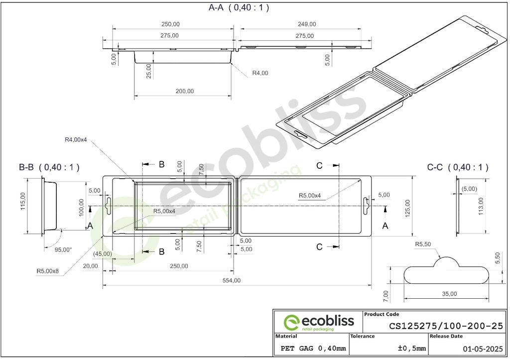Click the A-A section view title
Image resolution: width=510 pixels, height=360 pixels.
coord(239,7)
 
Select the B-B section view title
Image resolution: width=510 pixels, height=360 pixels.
coord(49,167)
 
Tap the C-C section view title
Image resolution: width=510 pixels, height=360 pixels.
coord(458,167)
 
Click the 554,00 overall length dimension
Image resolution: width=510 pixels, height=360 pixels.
coord(232,280)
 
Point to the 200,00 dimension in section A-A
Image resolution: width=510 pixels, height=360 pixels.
coord(185,92)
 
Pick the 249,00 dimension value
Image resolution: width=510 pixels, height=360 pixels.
coord(307,24)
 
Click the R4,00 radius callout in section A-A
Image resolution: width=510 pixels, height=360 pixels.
coord(260,73)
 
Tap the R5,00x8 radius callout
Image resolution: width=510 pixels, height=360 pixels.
coord(47,271)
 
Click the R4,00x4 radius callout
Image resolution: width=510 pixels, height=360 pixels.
coord(76,140)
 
